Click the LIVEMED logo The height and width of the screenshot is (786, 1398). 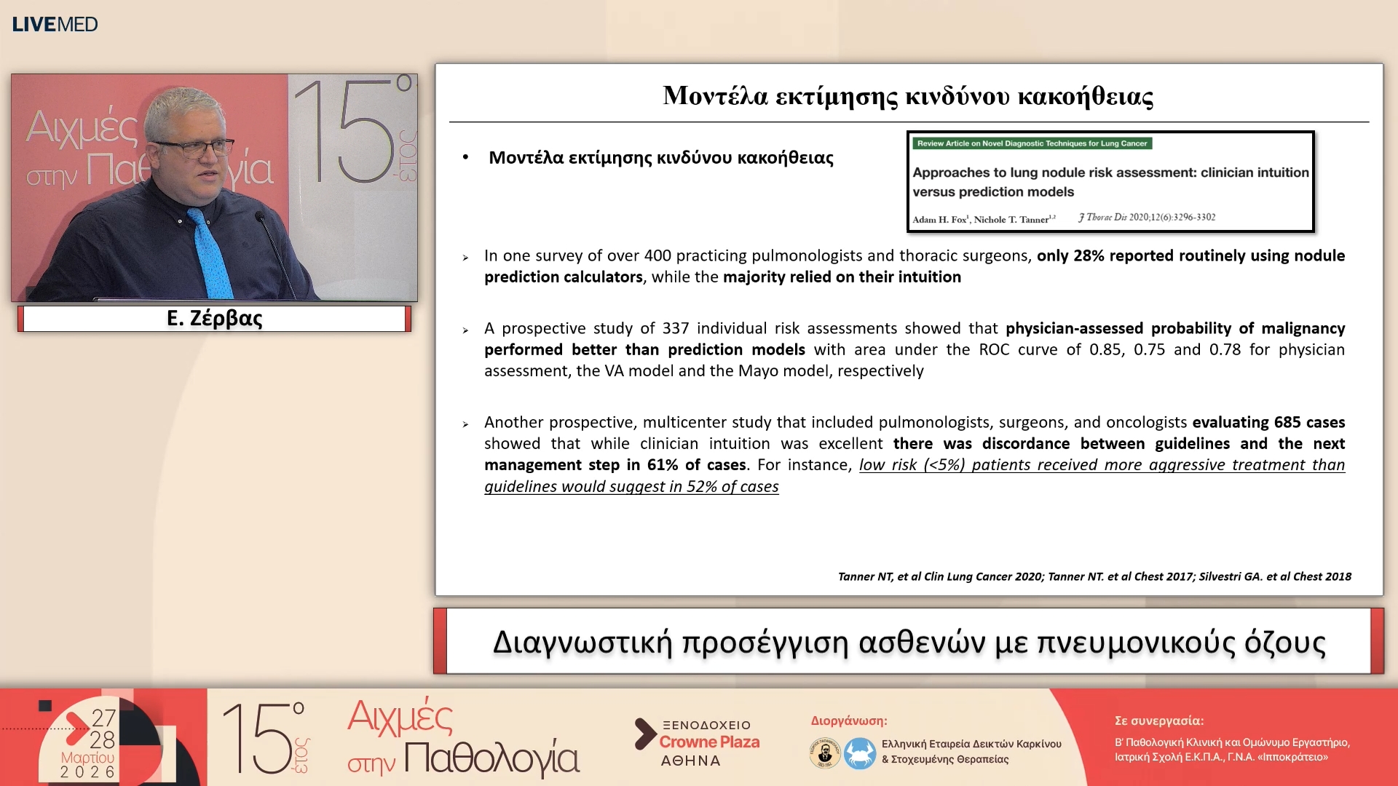[55, 24]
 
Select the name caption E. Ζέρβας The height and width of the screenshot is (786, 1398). [214, 319]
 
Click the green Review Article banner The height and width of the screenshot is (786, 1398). [1032, 143]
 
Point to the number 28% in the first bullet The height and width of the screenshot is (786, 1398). [1089, 255]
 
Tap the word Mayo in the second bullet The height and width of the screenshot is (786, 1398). [757, 371]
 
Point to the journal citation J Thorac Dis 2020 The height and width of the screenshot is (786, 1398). [1147, 217]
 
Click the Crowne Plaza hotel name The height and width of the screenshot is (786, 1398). [709, 742]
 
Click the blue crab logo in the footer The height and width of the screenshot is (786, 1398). [860, 753]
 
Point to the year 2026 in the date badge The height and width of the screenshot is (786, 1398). [87, 772]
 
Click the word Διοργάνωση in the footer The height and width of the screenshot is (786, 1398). [848, 720]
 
